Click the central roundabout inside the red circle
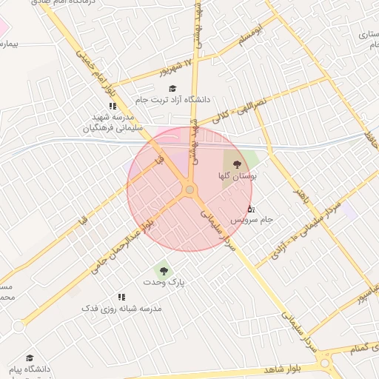[x=190, y=190]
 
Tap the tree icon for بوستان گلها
[x=237, y=164]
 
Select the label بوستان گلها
[x=237, y=176]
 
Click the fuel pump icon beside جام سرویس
[x=250, y=209]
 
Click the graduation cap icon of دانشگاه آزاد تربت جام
[x=172, y=88]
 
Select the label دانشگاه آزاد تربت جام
[x=172, y=99]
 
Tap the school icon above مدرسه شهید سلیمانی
[x=113, y=106]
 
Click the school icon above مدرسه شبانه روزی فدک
[x=121, y=296]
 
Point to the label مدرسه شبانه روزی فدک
[x=121, y=308]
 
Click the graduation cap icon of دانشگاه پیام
[x=30, y=358]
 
